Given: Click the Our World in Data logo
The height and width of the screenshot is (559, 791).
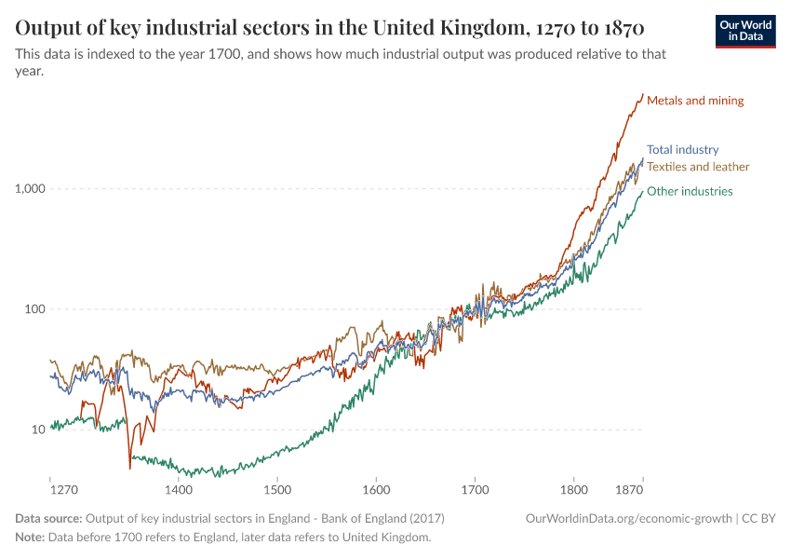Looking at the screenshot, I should coord(745,31).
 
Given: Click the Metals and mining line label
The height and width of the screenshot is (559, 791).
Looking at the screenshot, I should coord(695,101).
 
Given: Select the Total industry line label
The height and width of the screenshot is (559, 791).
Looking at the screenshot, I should coord(682,149).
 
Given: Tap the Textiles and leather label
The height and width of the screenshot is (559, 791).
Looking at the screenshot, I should coord(698,167).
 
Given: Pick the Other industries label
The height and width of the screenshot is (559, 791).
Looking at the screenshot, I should coord(690,191).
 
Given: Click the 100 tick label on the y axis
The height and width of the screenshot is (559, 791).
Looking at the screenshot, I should coord(35,309).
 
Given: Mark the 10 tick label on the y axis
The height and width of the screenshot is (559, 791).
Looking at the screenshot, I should coord(38,429).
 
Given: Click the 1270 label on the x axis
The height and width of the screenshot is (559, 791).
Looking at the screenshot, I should coord(63,489).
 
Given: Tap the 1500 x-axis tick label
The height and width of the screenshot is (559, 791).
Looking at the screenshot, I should coord(276,489).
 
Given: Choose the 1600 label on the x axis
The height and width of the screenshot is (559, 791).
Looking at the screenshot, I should coord(376,489).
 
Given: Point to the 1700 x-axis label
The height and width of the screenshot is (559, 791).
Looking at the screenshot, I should coord(475,489).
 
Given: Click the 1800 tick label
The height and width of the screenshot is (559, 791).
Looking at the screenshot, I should coord(574,489).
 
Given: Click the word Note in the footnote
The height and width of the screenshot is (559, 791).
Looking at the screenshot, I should coord(30,538).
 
